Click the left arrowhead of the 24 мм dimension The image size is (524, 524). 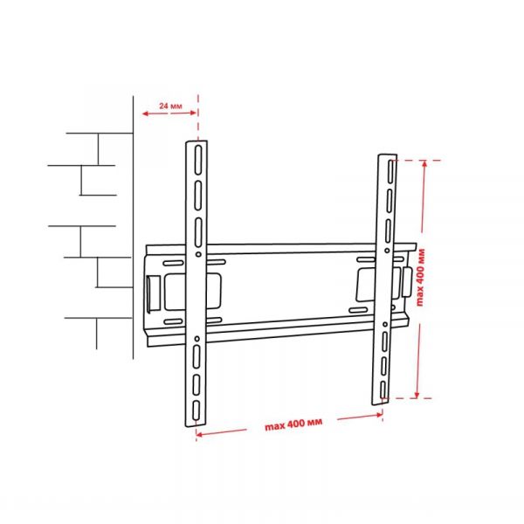[x=139, y=114]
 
